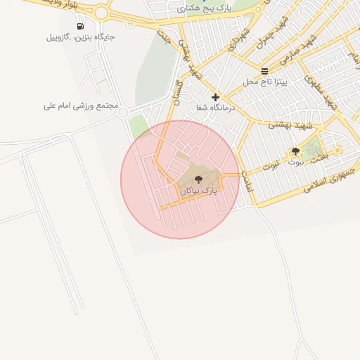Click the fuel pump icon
79,26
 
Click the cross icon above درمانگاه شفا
215,97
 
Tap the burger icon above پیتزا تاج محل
264,71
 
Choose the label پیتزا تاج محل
266,82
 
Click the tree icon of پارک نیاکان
198,180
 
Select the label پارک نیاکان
198,191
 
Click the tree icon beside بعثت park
295,151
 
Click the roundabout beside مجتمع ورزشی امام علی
124,112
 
